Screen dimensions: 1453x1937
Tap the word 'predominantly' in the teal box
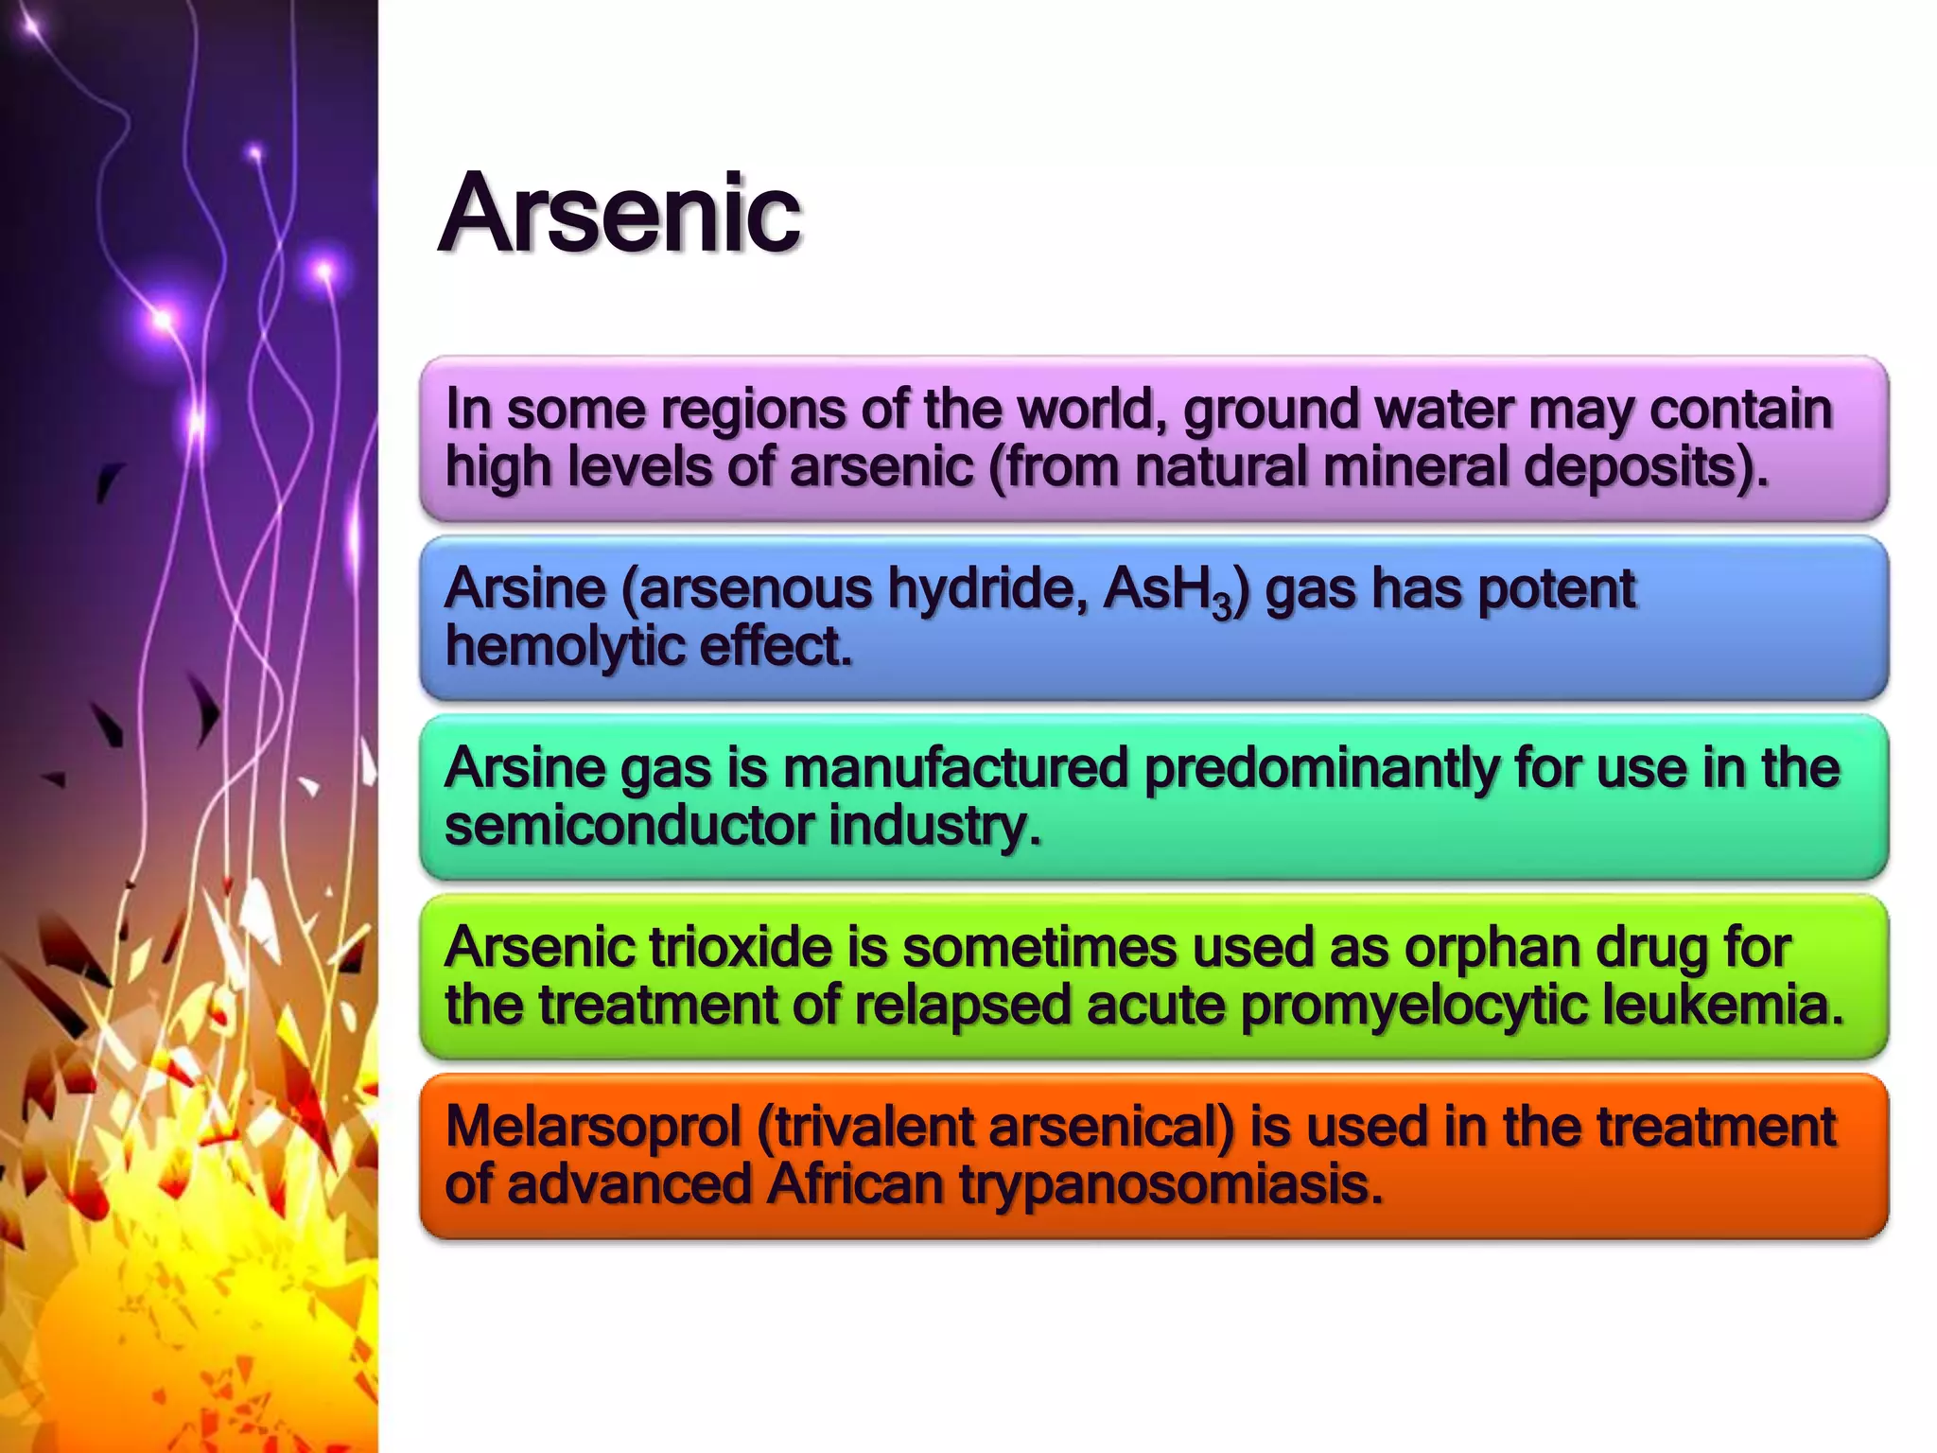click(1320, 767)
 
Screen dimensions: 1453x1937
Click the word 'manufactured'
click(955, 767)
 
